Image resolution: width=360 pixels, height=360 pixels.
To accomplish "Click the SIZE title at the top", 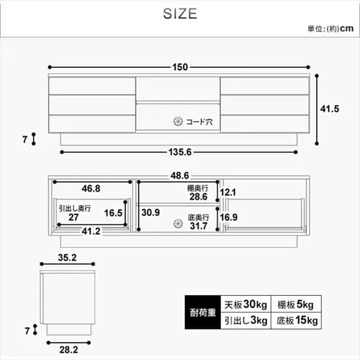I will point(179,14).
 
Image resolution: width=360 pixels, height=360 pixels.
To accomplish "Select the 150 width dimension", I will point(180,68).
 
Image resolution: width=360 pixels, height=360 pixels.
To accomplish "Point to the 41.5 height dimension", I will point(329,109).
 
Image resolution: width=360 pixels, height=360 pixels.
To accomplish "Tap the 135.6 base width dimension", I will point(180,152).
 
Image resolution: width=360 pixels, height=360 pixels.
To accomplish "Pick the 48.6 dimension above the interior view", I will point(180,175).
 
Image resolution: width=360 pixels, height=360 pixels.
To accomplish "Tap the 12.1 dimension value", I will point(228,192).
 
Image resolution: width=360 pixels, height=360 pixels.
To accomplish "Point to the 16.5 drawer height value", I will point(113,214).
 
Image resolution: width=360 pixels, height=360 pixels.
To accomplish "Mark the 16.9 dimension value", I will point(228,217).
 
